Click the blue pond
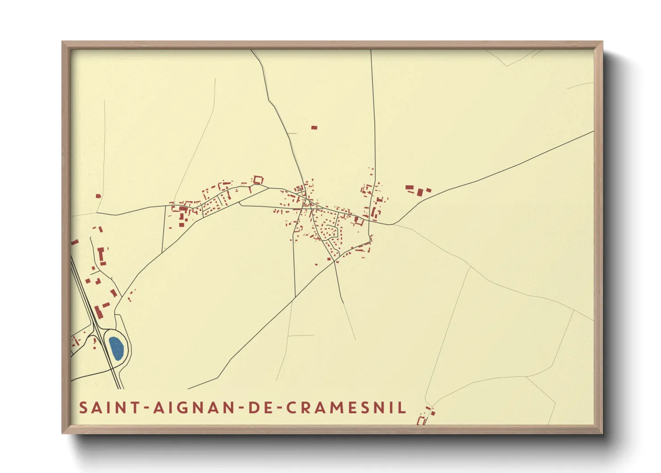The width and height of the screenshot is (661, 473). tap(116, 348)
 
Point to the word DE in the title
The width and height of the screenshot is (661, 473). tap(262, 408)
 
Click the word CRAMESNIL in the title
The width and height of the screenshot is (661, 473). tap(346, 408)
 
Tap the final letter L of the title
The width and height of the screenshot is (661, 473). tap(402, 408)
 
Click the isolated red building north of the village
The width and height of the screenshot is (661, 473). tap(314, 128)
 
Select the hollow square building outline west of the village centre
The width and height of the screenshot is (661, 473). tap(258, 180)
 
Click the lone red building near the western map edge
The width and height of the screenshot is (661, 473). tap(98, 196)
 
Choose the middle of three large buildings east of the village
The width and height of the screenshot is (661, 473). tap(420, 192)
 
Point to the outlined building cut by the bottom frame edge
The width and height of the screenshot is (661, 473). tap(420, 420)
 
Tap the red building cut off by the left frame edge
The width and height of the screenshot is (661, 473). tap(75, 242)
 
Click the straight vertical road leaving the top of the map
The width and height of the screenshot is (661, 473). tap(373, 112)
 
